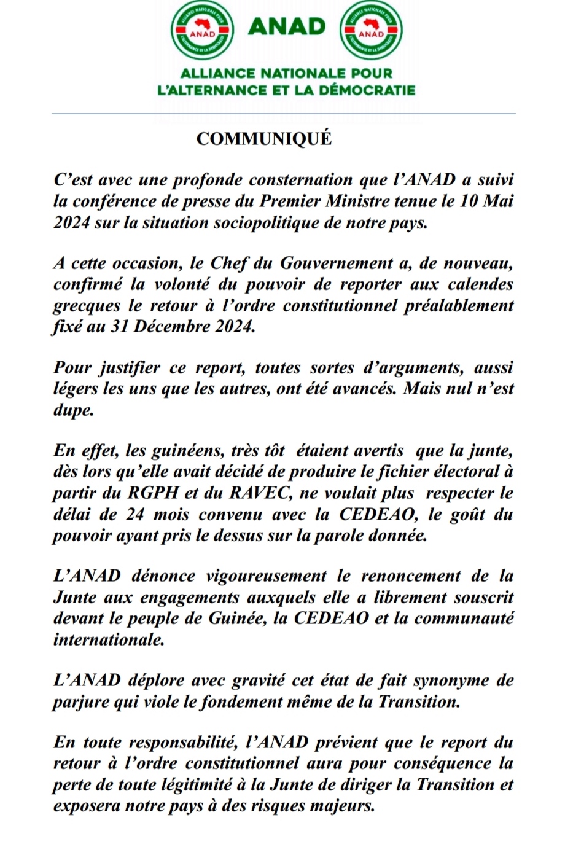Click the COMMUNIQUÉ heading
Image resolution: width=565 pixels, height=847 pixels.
[263, 139]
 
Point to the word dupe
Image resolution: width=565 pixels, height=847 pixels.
[73, 410]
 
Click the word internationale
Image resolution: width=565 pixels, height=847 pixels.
[109, 639]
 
